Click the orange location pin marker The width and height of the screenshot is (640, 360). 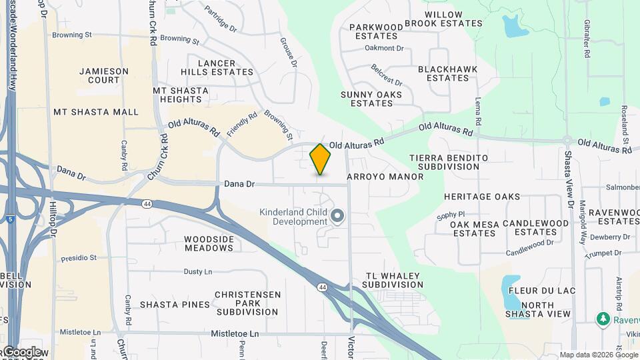(x=320, y=159)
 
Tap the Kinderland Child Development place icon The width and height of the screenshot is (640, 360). (x=337, y=215)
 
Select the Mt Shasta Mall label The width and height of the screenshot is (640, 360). (x=96, y=112)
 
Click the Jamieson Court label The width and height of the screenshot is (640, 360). (x=99, y=75)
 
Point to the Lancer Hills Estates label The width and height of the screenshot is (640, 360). (x=217, y=67)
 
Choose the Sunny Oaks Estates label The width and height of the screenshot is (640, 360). (x=371, y=99)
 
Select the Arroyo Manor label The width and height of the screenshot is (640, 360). (x=385, y=177)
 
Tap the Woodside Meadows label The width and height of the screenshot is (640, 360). (x=209, y=243)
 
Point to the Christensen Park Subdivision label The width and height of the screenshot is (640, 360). (x=247, y=303)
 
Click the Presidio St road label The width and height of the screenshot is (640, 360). (x=79, y=257)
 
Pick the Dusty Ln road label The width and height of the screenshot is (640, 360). (x=198, y=271)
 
